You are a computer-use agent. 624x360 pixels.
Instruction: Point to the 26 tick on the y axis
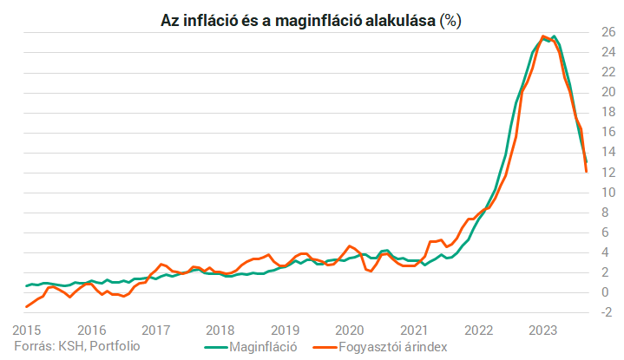(x=608, y=33)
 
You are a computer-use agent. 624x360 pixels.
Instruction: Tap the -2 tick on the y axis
(x=608, y=312)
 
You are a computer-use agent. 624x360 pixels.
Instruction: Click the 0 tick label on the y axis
(x=608, y=292)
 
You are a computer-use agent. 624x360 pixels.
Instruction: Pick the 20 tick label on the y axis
(x=608, y=93)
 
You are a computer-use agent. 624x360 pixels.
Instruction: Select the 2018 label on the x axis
(x=220, y=330)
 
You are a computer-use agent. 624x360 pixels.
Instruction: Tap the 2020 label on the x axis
(x=350, y=330)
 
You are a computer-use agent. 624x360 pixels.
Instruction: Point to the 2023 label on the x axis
(x=543, y=330)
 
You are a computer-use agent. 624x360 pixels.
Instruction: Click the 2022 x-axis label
(x=479, y=330)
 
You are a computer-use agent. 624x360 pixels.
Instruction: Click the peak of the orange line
(x=543, y=36)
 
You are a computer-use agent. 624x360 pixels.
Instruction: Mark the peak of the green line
(x=554, y=36)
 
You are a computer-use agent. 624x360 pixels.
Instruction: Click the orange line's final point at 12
(x=587, y=172)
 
